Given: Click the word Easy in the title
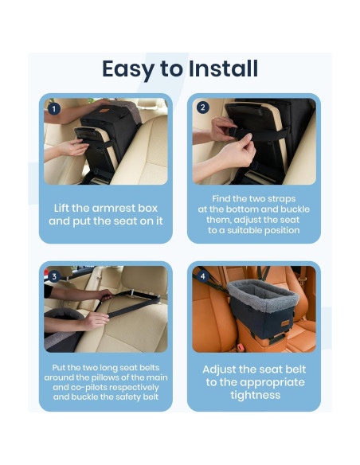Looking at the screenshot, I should [x=129, y=69].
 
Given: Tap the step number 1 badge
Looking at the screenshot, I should [x=54, y=108].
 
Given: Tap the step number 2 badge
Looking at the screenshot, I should [x=202, y=108].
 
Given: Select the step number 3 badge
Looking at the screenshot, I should [x=54, y=276].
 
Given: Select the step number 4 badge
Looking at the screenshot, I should [x=202, y=276].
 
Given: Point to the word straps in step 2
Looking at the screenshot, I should [x=285, y=198].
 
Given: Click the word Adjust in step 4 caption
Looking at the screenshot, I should [x=227, y=369].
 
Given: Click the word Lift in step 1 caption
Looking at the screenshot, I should [x=66, y=207].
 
